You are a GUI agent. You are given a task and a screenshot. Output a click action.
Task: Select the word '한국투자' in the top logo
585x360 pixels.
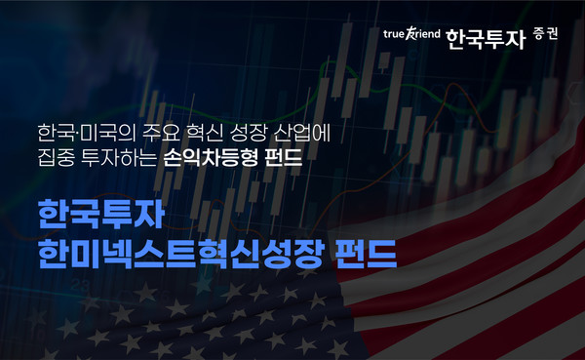pos(484,38)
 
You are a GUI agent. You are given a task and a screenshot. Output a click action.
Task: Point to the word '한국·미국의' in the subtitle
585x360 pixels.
pos(77,132)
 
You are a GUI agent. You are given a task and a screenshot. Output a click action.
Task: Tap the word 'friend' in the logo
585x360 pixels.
pos(427,38)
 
